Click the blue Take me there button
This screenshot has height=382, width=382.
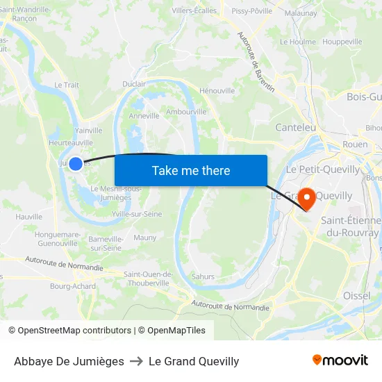point(191,171)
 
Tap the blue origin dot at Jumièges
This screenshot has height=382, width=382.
point(76,164)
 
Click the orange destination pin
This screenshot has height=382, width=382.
point(306,197)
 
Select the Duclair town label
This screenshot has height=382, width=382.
point(134,84)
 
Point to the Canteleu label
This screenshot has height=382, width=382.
point(296,127)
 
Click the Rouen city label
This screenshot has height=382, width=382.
point(355,144)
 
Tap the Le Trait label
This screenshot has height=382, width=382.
point(67,85)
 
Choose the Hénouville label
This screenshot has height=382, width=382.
point(217,90)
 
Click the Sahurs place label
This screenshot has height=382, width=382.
point(203,276)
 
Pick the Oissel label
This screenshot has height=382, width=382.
point(356,296)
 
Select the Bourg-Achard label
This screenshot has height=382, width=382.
point(73,286)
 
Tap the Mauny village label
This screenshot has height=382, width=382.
point(145,238)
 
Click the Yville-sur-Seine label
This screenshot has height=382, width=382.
point(137,214)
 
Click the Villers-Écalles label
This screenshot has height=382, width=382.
point(194,10)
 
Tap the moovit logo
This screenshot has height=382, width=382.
point(340,360)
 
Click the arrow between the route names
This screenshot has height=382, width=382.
point(136,361)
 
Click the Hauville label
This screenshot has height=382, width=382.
point(28,217)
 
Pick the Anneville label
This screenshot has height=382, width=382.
point(144,116)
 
